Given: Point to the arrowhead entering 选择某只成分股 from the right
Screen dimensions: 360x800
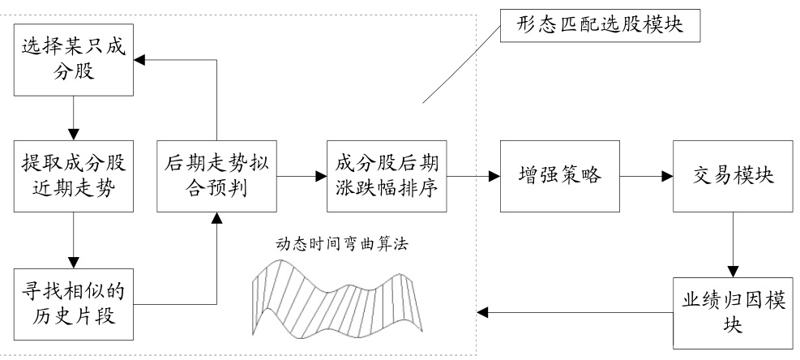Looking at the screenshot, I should pyautogui.click(x=139, y=60).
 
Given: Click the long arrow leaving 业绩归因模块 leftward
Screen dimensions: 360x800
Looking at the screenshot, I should pyautogui.click(x=575, y=311).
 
